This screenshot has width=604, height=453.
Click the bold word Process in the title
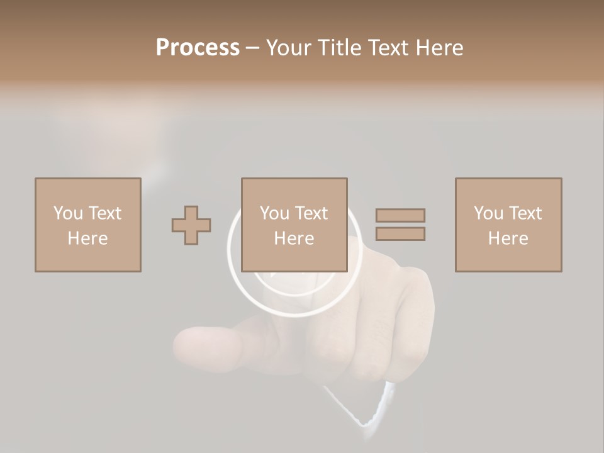tap(198, 47)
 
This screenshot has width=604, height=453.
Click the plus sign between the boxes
tap(191, 225)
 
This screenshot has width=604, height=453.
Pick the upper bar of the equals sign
tap(400, 215)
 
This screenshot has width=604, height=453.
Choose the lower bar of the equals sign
tap(400, 233)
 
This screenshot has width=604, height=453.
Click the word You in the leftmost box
tap(68, 213)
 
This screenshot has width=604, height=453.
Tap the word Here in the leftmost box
tap(87, 238)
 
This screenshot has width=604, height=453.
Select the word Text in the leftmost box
tap(104, 213)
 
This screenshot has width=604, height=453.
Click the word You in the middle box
tap(274, 213)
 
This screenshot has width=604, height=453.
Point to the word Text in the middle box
tap(311, 213)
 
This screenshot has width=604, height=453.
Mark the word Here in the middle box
tap(294, 238)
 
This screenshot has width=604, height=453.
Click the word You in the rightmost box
tap(488, 213)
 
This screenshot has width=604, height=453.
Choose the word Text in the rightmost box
tap(525, 213)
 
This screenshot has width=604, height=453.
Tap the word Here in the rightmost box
tap(508, 238)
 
